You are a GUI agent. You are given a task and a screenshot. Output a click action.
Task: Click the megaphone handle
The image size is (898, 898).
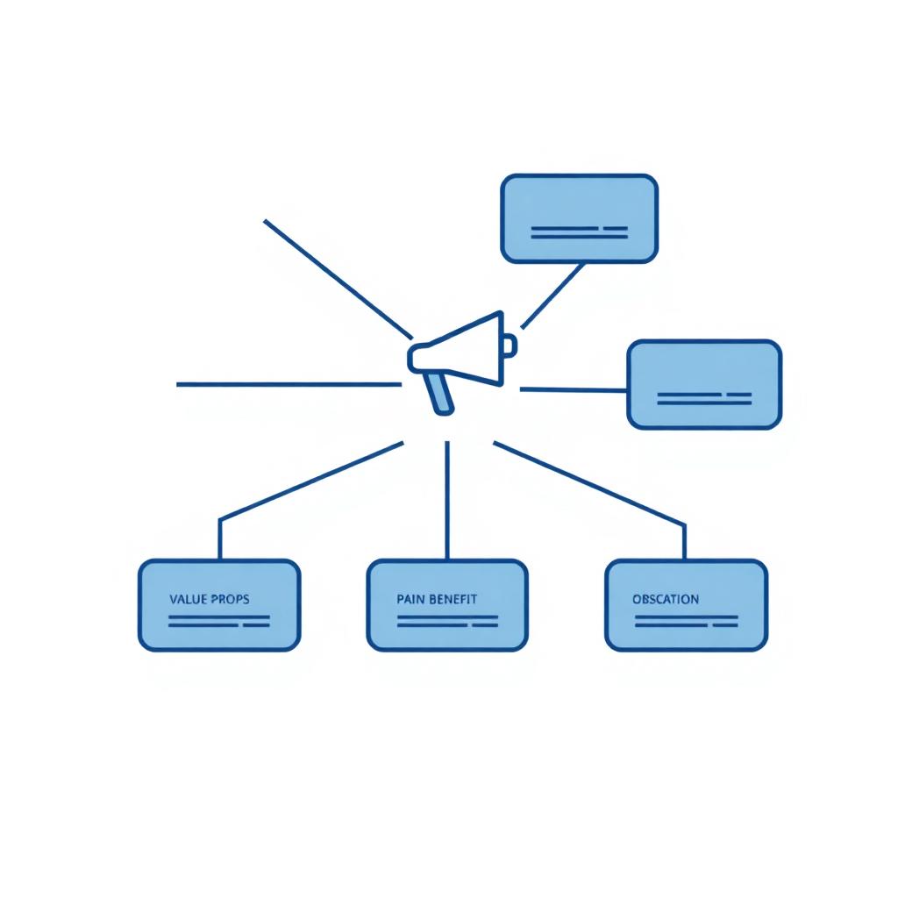(442, 393)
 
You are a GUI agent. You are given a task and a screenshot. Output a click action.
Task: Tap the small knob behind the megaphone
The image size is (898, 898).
(510, 346)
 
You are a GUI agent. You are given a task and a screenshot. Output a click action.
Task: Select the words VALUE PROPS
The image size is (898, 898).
(210, 599)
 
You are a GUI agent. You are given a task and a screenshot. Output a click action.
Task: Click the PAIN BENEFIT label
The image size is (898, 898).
(437, 599)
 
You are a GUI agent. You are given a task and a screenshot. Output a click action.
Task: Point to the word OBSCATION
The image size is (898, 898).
(666, 599)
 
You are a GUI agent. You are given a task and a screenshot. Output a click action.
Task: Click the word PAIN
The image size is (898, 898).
(410, 599)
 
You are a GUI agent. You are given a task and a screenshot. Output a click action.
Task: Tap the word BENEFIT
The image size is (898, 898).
(453, 599)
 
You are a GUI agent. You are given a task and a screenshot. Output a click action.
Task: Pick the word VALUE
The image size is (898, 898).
(188, 599)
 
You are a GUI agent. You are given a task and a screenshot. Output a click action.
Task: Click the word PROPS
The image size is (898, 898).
(231, 599)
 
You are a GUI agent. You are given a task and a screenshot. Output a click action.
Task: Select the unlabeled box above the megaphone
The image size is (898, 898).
(579, 218)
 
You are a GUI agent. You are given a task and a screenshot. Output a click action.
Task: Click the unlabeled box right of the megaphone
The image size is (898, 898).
(704, 384)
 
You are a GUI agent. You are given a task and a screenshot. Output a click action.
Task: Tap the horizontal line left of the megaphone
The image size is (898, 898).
(289, 384)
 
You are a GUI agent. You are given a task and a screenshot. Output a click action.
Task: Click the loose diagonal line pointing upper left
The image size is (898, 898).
(338, 279)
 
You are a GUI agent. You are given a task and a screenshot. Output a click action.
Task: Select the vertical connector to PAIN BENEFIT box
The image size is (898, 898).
(447, 500)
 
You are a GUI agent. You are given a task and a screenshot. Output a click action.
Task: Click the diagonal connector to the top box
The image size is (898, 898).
(552, 296)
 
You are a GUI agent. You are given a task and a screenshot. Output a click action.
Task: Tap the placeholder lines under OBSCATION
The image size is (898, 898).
(686, 622)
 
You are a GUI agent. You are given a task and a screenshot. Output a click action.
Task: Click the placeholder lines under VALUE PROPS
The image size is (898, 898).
(218, 622)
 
